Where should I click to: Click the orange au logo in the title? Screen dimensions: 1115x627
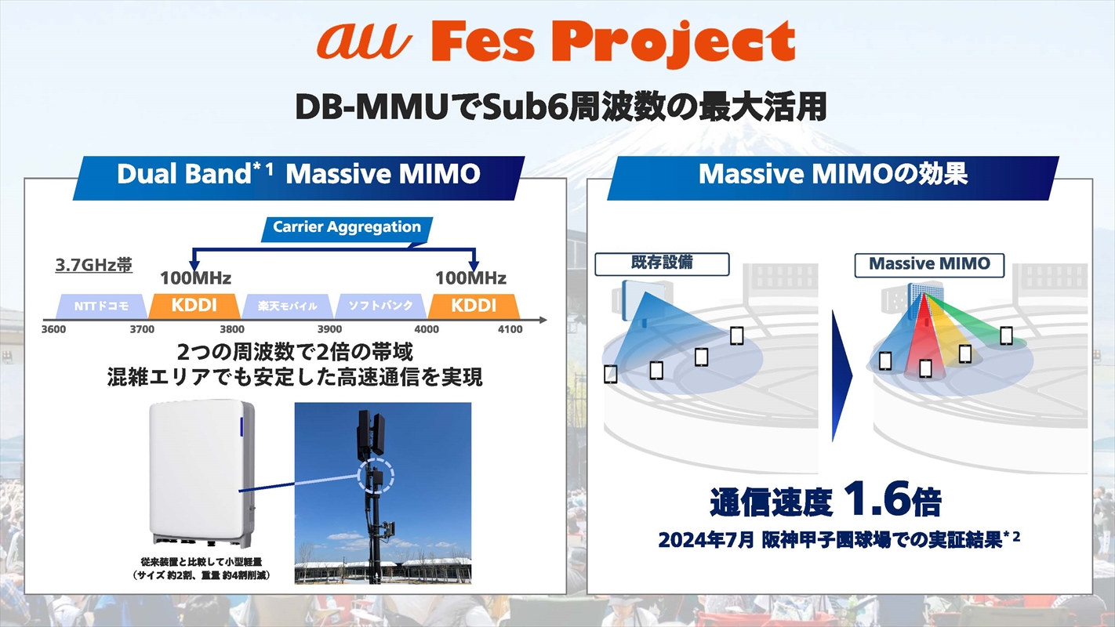coord(365,42)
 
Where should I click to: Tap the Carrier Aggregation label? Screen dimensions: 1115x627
coord(347,230)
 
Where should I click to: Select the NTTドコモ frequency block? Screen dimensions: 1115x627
coord(102,306)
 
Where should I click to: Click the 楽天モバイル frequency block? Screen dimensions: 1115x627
coord(288,306)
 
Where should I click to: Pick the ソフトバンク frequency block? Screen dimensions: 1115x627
coord(381,306)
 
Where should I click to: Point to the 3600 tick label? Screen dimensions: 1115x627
coord(54,329)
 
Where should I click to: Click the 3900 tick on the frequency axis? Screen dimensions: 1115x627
coord(329,329)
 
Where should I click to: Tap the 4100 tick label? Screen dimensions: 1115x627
coord(510,329)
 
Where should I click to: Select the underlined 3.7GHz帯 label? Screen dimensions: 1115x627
coord(93,265)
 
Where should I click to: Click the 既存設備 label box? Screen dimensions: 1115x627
coord(662,264)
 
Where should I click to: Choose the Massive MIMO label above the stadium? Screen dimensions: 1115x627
coord(929,265)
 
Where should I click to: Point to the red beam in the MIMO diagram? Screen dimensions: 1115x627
coord(924,339)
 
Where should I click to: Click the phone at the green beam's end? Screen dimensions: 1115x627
coord(1007,335)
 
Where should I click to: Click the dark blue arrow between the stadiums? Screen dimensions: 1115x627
coord(841,375)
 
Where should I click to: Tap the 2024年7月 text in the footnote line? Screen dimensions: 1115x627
coord(706,540)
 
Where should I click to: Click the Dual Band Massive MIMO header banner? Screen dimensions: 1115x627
coord(299,178)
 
